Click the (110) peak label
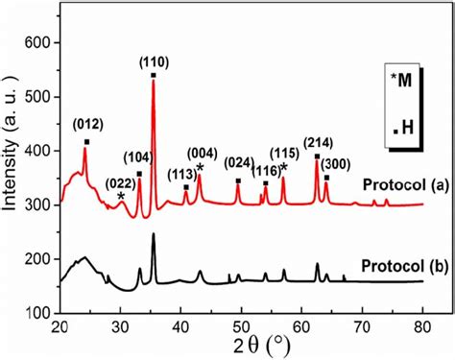point(155,62)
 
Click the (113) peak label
point(182,174)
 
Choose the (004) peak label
point(202,150)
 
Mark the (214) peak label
point(318,143)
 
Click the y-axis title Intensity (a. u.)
point(11,179)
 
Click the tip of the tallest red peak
point(154,79)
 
